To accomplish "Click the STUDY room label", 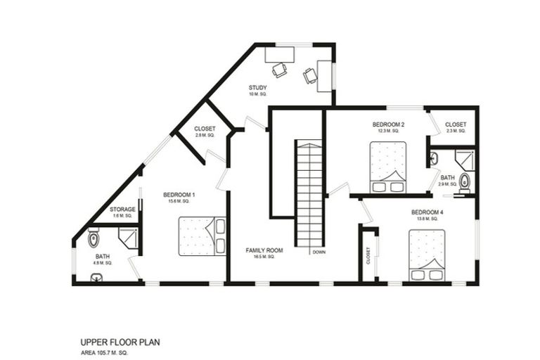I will [258, 87].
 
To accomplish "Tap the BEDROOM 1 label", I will [179, 195].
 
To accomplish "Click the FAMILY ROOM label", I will [264, 250].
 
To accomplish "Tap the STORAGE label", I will [122, 210].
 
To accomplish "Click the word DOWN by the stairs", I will [319, 252].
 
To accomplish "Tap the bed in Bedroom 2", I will [387, 167].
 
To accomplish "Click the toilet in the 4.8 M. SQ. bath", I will [94, 240].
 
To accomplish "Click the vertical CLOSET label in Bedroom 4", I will [368, 256].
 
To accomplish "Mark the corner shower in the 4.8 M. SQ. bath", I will [128, 239].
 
